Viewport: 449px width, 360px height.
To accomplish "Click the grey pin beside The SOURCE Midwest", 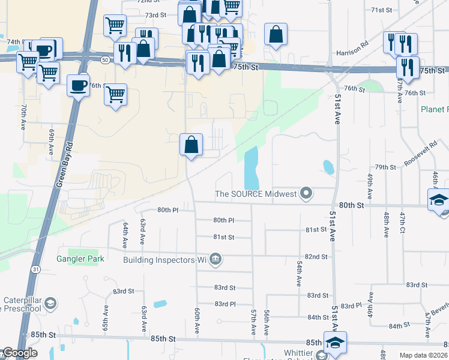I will [307, 193].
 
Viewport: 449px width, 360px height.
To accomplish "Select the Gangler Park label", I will [80, 259].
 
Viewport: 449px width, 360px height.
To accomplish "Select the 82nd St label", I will [315, 256].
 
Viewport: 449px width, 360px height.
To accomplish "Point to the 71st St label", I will [381, 10].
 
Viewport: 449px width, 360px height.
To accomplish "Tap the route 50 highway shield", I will [105, 60].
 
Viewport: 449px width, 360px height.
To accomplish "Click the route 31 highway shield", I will [37, 270].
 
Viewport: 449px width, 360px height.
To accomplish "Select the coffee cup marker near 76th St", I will [78, 85].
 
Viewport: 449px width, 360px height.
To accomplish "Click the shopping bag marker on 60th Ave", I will [191, 145].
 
